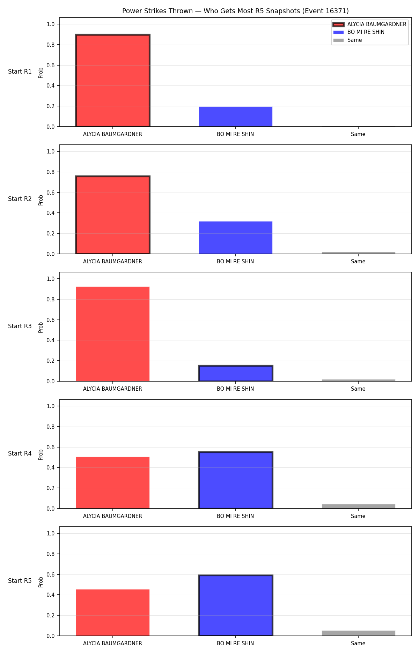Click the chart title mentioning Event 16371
coord(235,11)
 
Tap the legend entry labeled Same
coord(348,40)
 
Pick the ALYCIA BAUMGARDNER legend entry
coord(370,24)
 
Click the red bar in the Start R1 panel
coord(113,81)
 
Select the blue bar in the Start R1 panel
coord(236,116)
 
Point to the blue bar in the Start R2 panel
coord(236,238)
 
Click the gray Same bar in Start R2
coord(359,253)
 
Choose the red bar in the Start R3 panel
coord(113,334)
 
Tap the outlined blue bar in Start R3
coord(236,373)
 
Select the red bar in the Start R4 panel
coord(113,483)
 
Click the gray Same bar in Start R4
coord(359,506)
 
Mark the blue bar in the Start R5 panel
coord(236,606)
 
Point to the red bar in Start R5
coord(113,613)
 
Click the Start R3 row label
coord(20,326)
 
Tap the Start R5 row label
coord(20,581)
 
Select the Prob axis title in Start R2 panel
coord(41,200)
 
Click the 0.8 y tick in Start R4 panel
coord(51,427)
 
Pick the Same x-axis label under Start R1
coord(358,134)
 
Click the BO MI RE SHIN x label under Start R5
coord(235,644)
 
